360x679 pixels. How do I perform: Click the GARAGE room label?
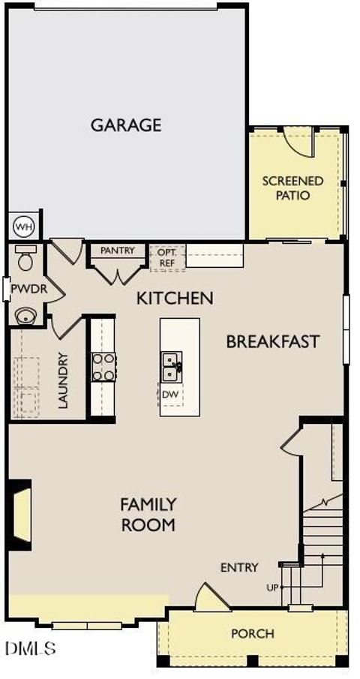(126, 125)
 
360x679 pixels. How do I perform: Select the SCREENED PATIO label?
(292, 188)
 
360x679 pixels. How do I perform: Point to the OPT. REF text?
(166, 257)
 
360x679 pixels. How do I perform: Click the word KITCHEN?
(175, 298)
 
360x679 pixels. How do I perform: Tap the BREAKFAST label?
(273, 341)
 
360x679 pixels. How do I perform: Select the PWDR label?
(25, 288)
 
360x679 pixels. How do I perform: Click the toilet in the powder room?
(26, 258)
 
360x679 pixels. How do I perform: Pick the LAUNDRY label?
(63, 380)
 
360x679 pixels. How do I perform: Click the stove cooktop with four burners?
(103, 367)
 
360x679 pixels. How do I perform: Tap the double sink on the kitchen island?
(172, 367)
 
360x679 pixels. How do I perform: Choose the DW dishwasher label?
(170, 393)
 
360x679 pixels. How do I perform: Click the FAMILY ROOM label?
(148, 514)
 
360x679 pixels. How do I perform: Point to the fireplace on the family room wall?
(20, 512)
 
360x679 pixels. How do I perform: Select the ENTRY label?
(239, 567)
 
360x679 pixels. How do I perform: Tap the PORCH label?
(252, 634)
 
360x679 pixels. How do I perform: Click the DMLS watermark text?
(30, 647)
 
